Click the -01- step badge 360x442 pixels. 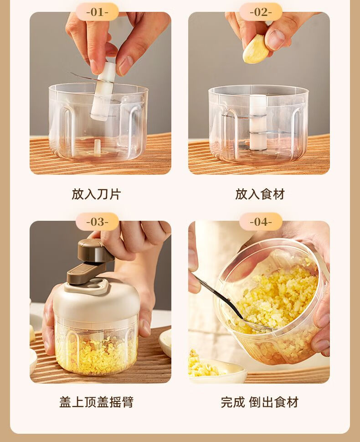pyautogui.click(x=97, y=12)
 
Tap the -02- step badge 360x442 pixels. pyautogui.click(x=261, y=12)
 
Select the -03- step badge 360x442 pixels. pyautogui.click(x=97, y=222)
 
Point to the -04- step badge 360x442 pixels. pyautogui.click(x=261, y=222)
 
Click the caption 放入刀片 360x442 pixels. pyautogui.click(x=96, y=194)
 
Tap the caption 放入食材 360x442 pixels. pyautogui.click(x=260, y=194)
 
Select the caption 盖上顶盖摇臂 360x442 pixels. pyautogui.click(x=96, y=402)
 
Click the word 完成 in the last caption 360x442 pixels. pyautogui.click(x=233, y=402)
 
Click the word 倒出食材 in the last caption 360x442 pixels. pyautogui.click(x=273, y=402)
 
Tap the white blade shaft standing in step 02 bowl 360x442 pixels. pyautogui.click(x=258, y=122)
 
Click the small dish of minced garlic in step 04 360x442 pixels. pyautogui.click(x=216, y=369)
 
